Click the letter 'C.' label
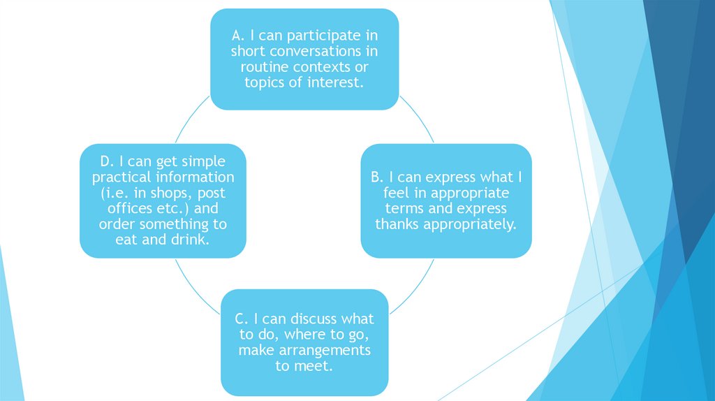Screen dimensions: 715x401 click(242, 319)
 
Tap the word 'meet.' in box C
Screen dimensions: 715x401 click(312, 366)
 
